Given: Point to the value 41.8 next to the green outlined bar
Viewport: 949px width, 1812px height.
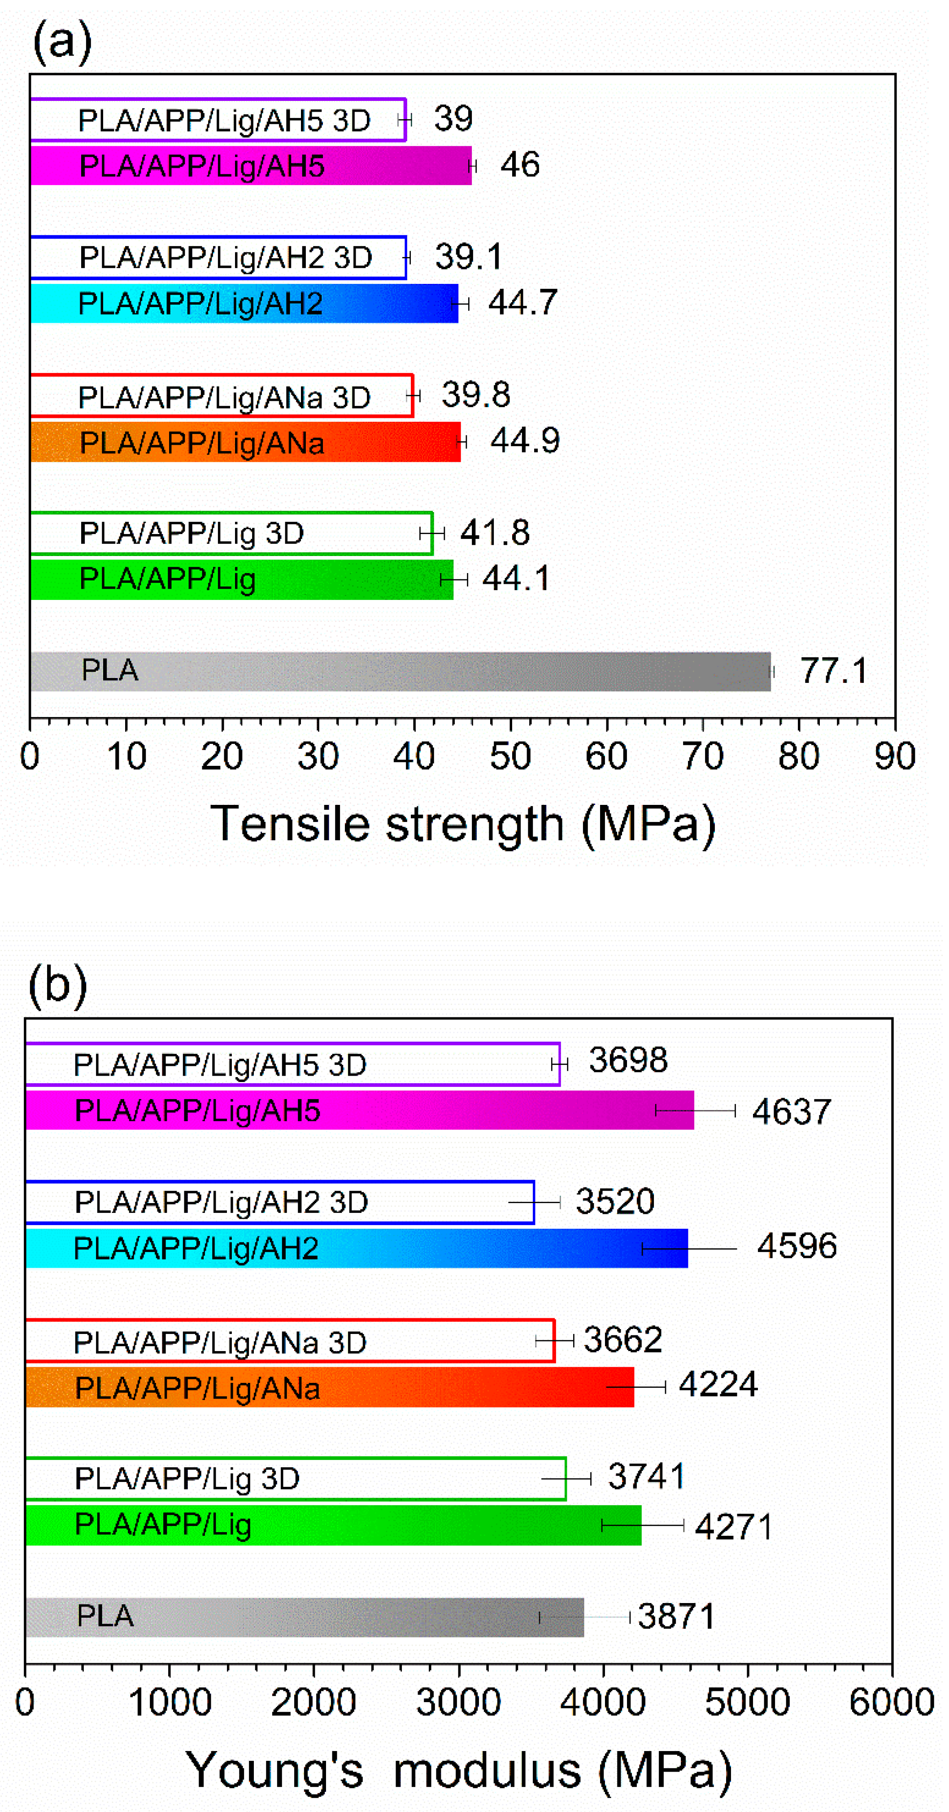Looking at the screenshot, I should coord(495,533).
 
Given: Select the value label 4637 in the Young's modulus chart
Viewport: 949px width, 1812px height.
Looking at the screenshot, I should coord(792,1112).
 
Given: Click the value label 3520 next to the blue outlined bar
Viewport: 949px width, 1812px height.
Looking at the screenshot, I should coord(615,1201).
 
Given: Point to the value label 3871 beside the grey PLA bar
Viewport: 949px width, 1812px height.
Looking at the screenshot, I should coord(676,1616).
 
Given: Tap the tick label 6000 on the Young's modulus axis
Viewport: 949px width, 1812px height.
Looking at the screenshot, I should coord(891,1703).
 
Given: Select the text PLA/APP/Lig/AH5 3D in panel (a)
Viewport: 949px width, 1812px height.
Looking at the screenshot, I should coord(224,121).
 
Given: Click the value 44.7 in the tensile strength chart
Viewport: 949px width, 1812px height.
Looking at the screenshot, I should coord(522,303).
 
